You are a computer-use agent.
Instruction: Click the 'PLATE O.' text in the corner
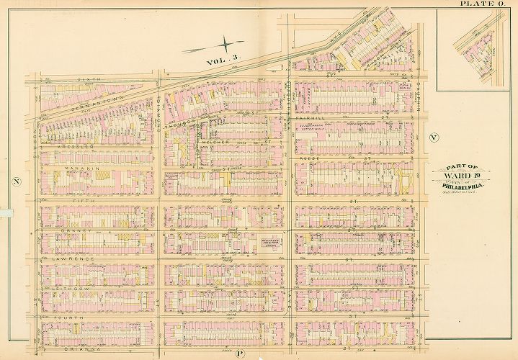tap(482, 4)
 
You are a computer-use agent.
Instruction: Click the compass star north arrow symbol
tap(225, 45)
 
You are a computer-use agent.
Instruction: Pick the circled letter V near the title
tap(433, 137)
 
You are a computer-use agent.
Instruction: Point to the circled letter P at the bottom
tap(241, 354)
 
